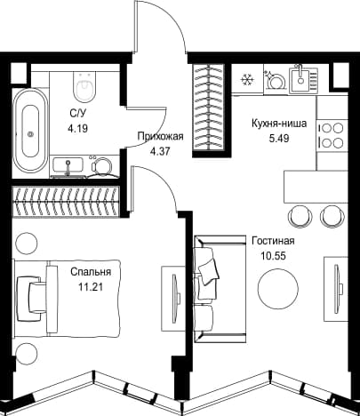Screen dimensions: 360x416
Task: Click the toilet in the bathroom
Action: tap(84, 86)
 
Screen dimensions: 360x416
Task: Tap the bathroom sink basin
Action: tap(68, 165)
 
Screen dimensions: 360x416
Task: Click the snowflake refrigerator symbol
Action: tap(246, 80)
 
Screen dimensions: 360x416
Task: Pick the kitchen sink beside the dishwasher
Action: tap(303, 79)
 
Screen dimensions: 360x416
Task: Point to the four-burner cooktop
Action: tap(332, 136)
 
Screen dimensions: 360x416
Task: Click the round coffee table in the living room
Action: tap(278, 288)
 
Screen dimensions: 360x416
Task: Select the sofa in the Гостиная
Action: tap(220, 289)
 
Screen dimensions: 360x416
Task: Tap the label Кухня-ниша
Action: tap(279, 124)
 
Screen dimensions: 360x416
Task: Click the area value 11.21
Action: tap(91, 286)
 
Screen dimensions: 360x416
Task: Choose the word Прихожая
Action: tap(161, 137)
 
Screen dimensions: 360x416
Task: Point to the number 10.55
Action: tap(274, 255)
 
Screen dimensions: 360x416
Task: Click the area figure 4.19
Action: tap(78, 129)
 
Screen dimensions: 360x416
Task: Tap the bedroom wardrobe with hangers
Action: tap(66, 202)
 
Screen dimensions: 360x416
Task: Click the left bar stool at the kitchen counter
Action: tap(300, 216)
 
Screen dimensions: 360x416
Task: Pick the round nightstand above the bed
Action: tap(27, 243)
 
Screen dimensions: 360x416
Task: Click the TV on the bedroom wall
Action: tap(176, 298)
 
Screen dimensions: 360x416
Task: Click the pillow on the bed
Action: tap(30, 299)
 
